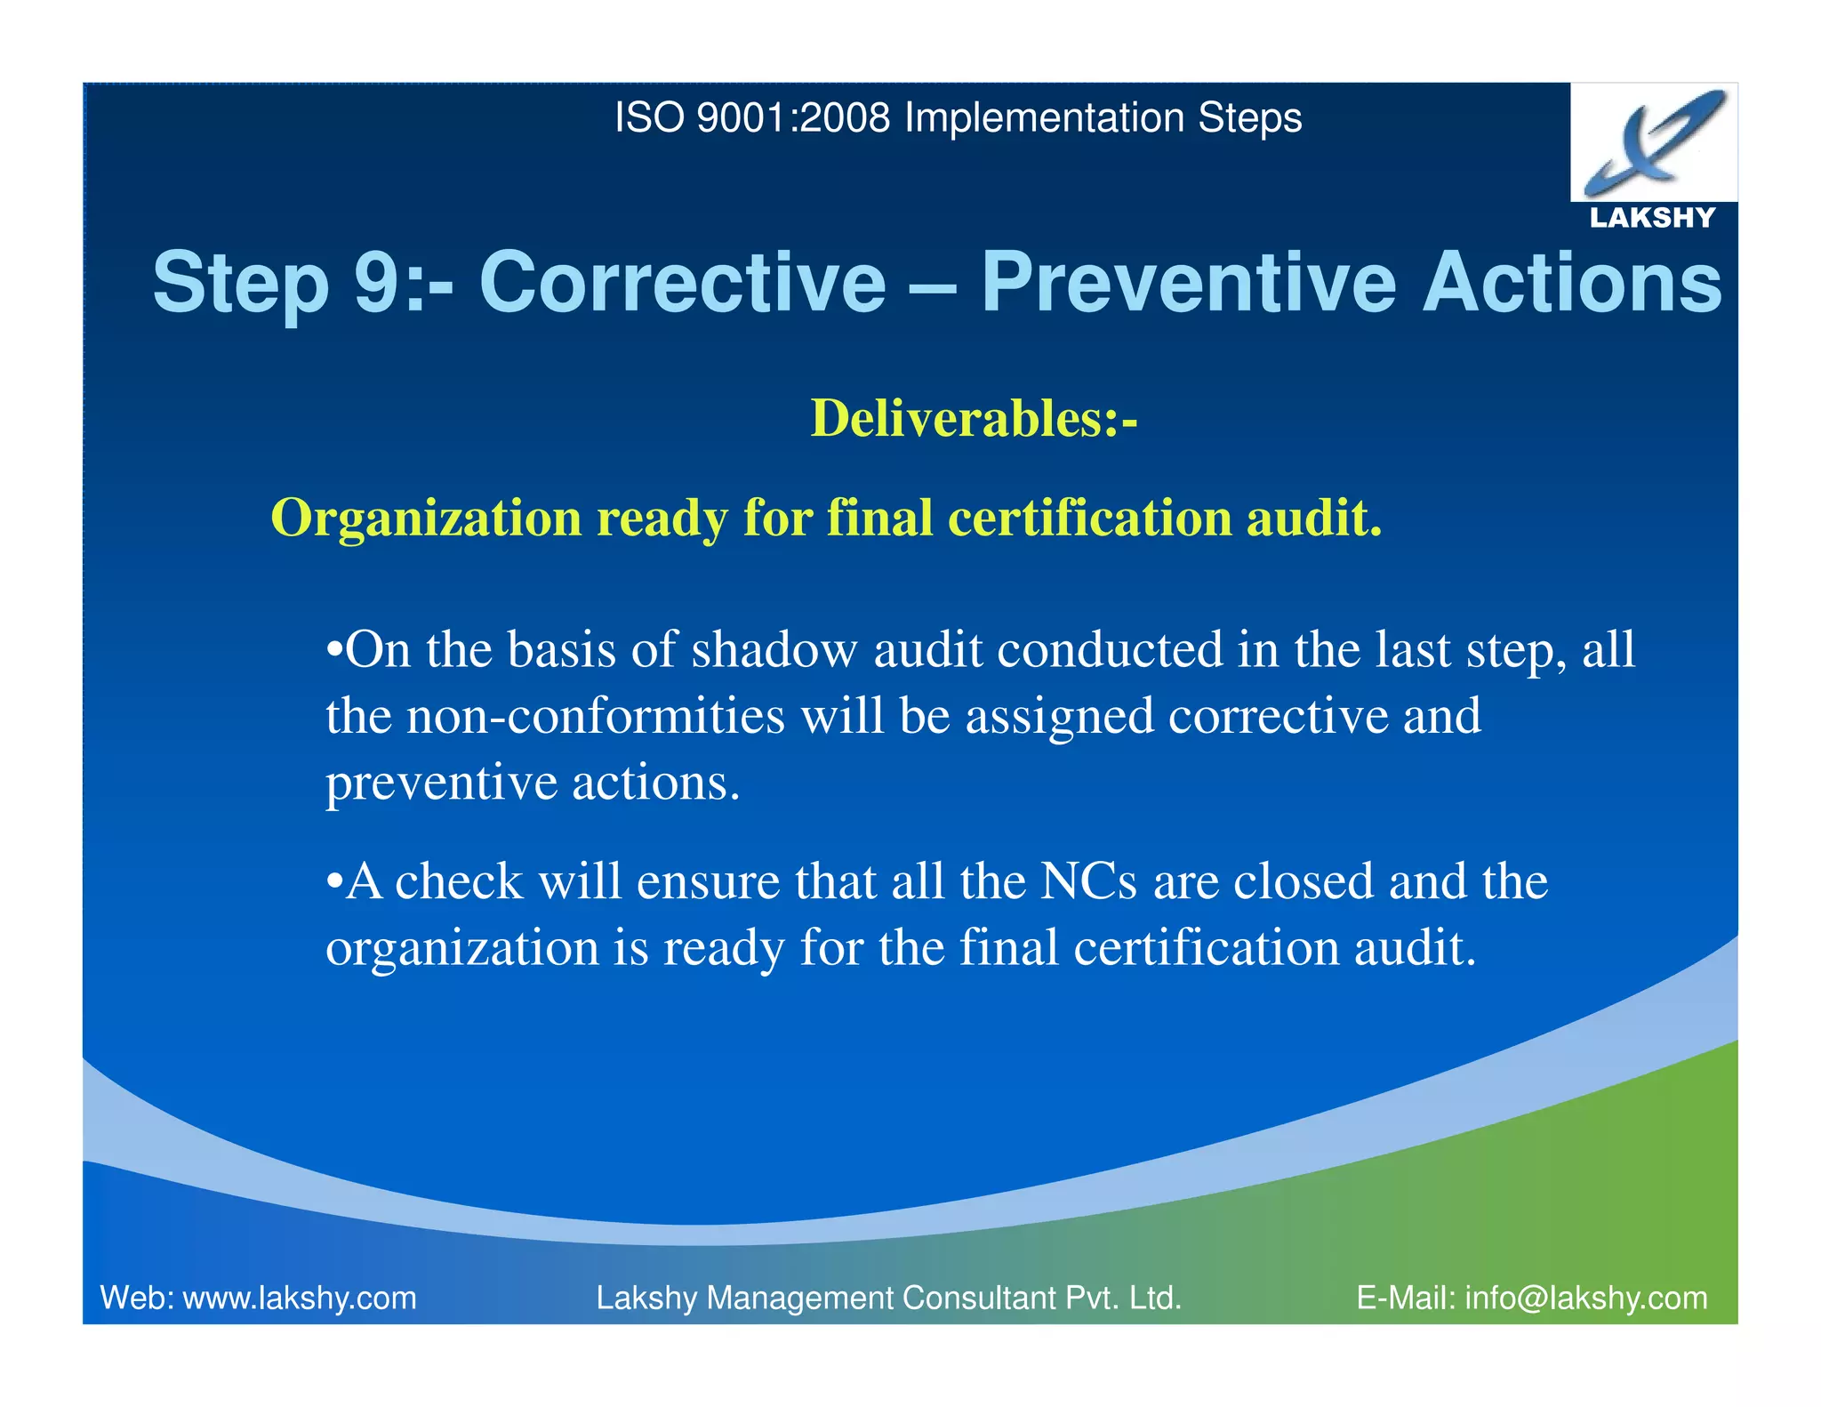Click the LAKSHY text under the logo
[x=1652, y=218]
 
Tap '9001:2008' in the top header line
[x=793, y=118]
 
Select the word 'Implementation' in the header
[x=1043, y=118]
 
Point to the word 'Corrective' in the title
[x=682, y=283]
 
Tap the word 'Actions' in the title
[x=1572, y=283]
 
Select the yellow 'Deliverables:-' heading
[x=974, y=418]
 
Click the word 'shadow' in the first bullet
[x=774, y=649]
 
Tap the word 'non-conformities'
[x=595, y=716]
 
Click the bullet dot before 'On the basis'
[x=334, y=651]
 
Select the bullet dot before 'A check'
[x=334, y=882]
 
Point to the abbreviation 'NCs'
[x=1087, y=881]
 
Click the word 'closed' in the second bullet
[x=1303, y=881]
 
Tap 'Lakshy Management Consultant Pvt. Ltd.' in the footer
[x=888, y=1298]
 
